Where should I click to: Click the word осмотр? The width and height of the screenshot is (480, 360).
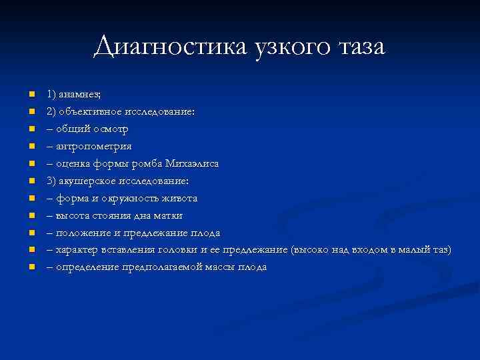111,129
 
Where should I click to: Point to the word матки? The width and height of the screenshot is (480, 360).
169,215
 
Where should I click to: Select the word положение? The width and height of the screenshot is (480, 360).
85,233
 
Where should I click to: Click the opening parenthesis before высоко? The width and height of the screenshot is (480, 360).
293,250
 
